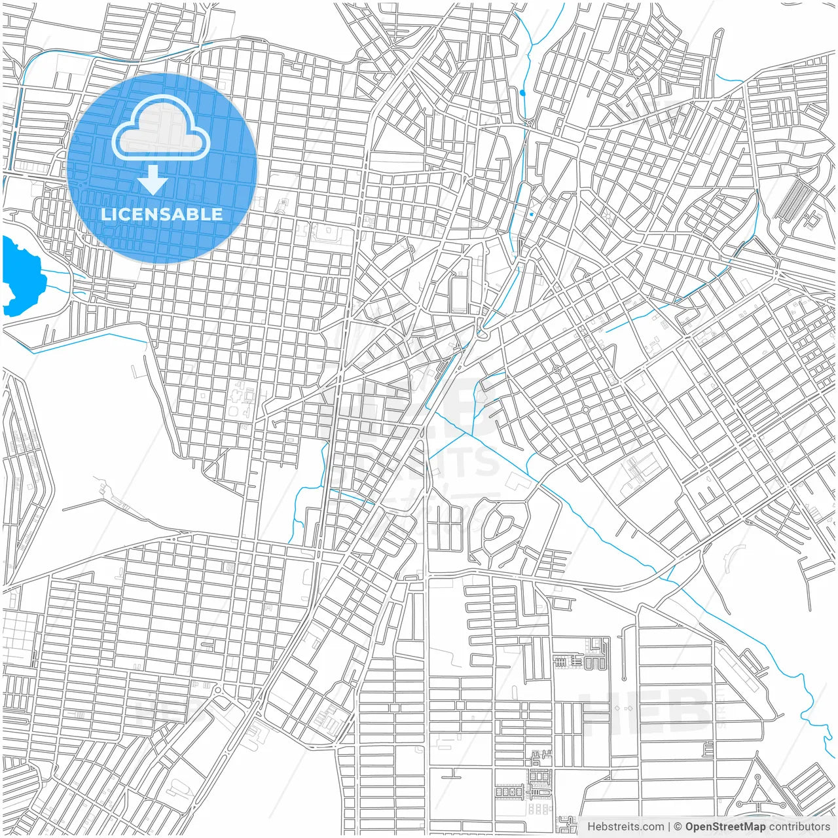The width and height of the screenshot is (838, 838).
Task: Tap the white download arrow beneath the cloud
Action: [153, 180]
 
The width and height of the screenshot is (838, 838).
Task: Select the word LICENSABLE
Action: [162, 214]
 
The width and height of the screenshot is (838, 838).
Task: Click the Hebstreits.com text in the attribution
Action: [625, 827]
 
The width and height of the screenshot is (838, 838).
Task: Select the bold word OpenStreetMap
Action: [725, 827]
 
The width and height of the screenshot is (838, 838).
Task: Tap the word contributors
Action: [799, 827]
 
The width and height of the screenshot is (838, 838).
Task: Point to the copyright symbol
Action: [678, 827]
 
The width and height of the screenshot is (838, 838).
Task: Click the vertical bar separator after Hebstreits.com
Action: [669, 827]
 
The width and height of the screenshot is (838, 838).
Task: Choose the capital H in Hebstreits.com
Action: [591, 827]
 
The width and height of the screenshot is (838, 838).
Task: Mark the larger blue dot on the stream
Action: [522, 93]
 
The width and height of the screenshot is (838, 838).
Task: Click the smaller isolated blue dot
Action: [532, 214]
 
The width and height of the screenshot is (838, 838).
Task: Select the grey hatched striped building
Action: [792, 200]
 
